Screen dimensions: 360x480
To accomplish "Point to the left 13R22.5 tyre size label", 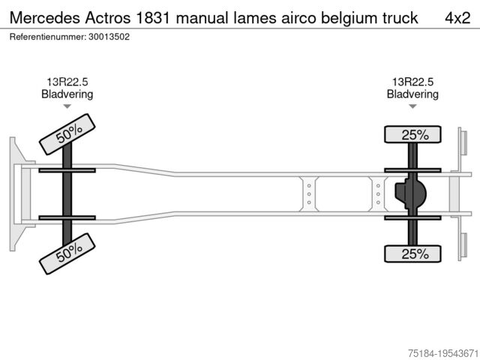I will (67, 82).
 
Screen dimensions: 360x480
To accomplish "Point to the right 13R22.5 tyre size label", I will (412, 82).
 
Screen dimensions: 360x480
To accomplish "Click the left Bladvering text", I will (67, 94).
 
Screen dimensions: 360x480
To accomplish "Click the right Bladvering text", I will (412, 94).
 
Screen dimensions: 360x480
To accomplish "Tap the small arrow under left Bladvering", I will (67, 107).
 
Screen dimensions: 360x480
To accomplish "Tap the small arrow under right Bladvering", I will (412, 107).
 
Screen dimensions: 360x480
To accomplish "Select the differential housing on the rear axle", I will (411, 194).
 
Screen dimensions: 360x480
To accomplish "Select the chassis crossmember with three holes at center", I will (307, 194).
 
